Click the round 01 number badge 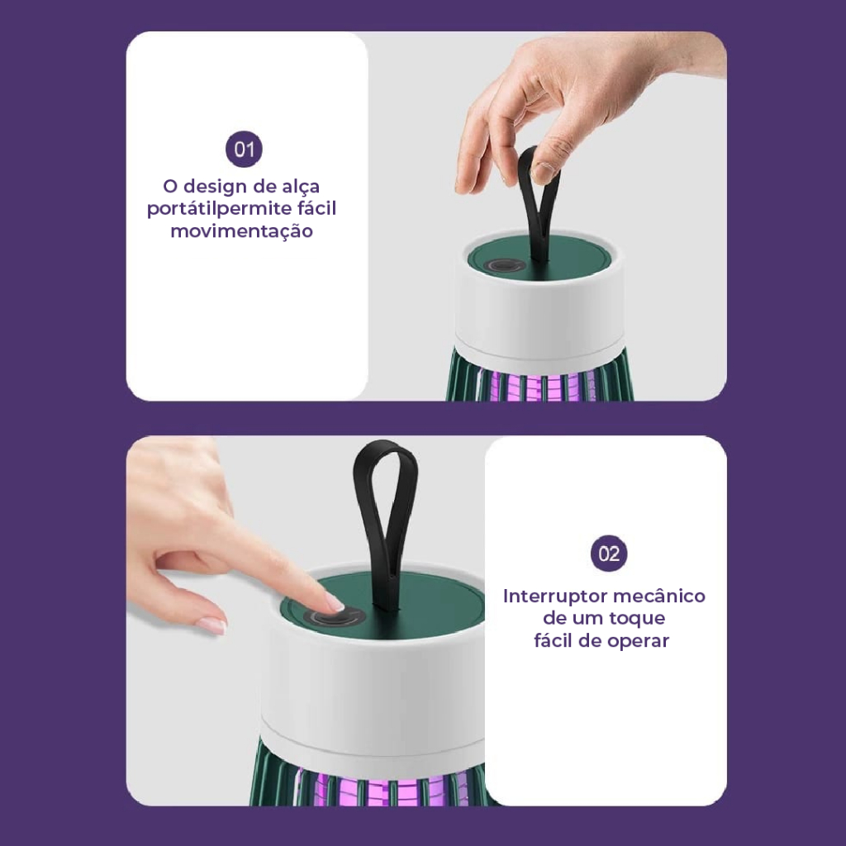[x=244, y=149]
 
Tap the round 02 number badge [x=609, y=554]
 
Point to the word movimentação [x=242, y=231]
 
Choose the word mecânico [x=658, y=596]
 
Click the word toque [x=637, y=619]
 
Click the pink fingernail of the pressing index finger [x=335, y=601]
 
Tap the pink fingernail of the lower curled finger [x=211, y=625]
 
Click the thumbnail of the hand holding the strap [x=544, y=172]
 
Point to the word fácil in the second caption [x=554, y=641]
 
